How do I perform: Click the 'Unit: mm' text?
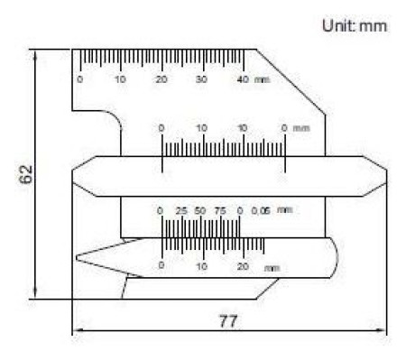point(355,25)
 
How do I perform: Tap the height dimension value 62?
point(26,174)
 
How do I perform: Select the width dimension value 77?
point(228,321)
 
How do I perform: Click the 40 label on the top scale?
point(243,79)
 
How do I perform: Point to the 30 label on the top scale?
point(201,79)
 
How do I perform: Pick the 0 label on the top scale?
point(79,79)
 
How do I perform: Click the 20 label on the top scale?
point(161,79)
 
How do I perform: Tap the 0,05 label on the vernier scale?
point(261,211)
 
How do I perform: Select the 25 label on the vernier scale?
point(181,211)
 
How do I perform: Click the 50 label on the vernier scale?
point(200,211)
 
